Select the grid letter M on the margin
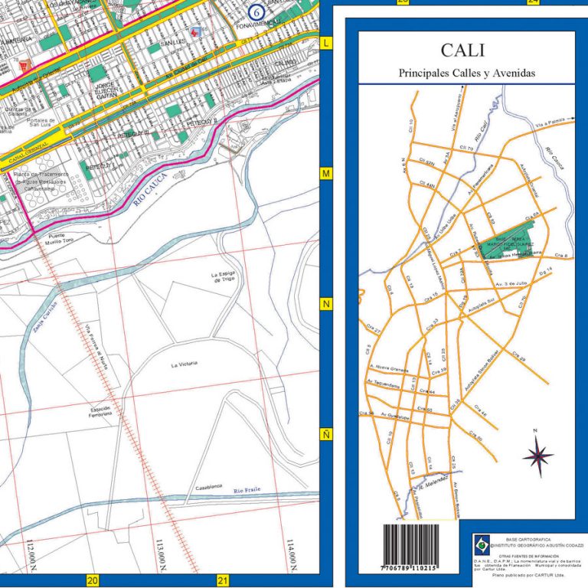coord(327,175)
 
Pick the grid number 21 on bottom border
coord(224,580)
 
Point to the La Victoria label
coord(185,365)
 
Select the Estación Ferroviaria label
coord(101,412)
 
